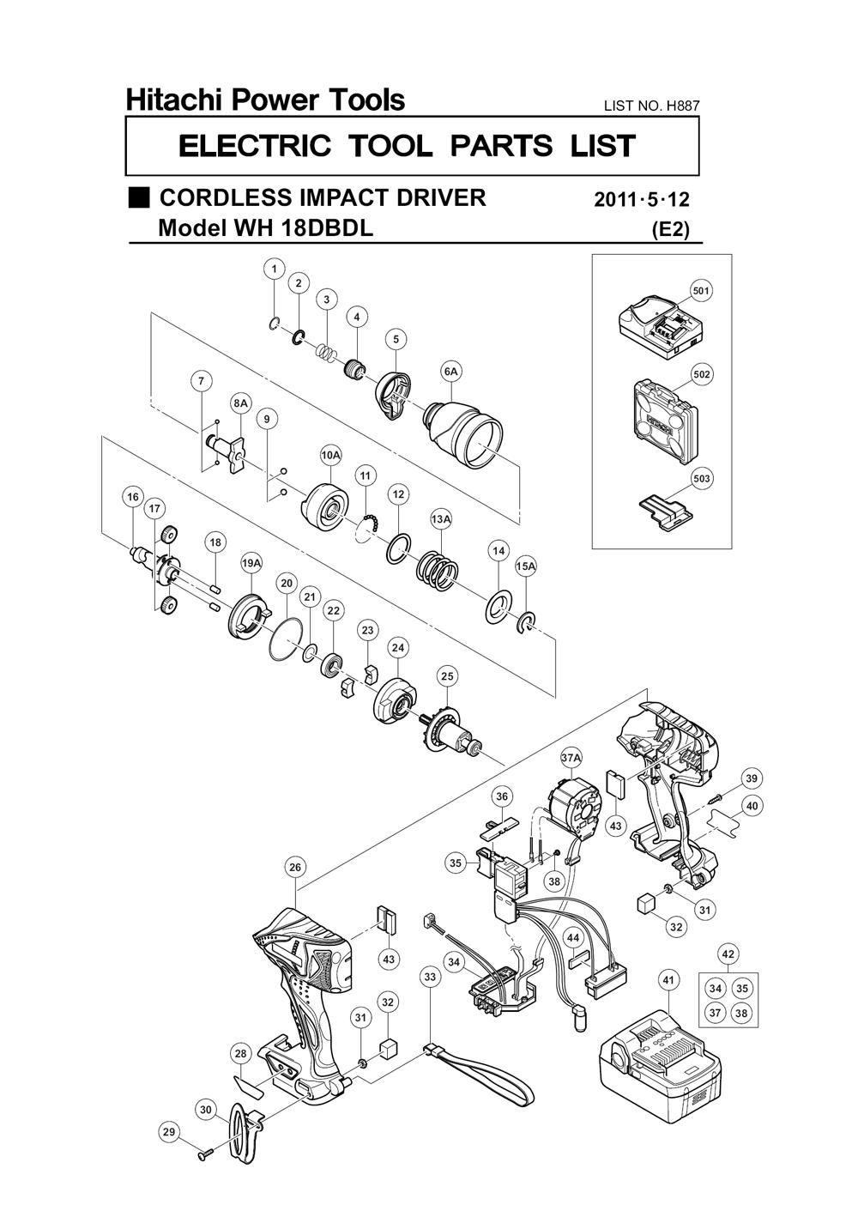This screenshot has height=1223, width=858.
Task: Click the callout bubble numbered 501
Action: coord(701,291)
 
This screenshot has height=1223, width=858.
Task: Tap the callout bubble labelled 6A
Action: coord(451,372)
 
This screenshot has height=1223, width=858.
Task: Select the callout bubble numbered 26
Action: coord(295,868)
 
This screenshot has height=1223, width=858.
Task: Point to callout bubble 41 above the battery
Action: coord(668,978)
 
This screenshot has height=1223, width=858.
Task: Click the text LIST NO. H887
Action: coord(652,106)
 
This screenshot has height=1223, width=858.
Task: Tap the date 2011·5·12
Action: coord(642,200)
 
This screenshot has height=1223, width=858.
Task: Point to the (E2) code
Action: coord(670,230)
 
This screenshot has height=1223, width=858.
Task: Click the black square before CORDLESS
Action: coord(139,197)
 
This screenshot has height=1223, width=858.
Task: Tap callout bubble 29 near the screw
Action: coord(169,1133)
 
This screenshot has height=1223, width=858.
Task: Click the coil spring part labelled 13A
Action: coord(438,569)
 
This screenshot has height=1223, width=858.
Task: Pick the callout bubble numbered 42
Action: coord(728,954)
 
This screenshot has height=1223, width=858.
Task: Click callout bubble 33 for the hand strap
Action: coord(430,976)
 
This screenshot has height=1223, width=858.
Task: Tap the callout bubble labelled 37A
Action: coord(571,758)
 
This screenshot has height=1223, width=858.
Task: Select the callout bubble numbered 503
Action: coord(703,478)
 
